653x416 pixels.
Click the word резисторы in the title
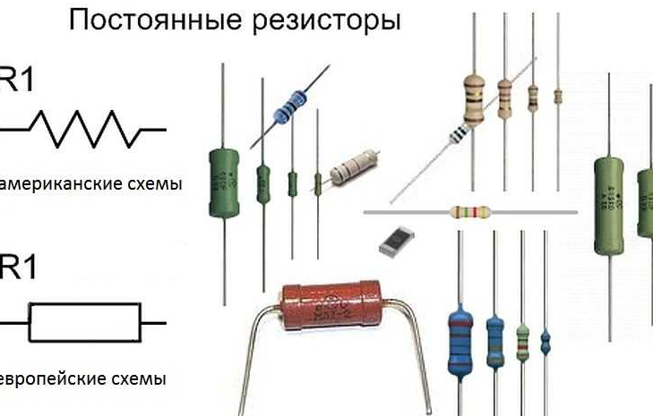pos(324,20)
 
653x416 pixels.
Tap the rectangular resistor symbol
pos(85,322)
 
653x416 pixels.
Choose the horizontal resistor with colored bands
pos(470,213)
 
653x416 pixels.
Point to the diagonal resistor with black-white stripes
pos(460,132)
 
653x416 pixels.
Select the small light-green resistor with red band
pos(523,341)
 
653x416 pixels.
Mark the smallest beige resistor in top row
pos(557,96)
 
